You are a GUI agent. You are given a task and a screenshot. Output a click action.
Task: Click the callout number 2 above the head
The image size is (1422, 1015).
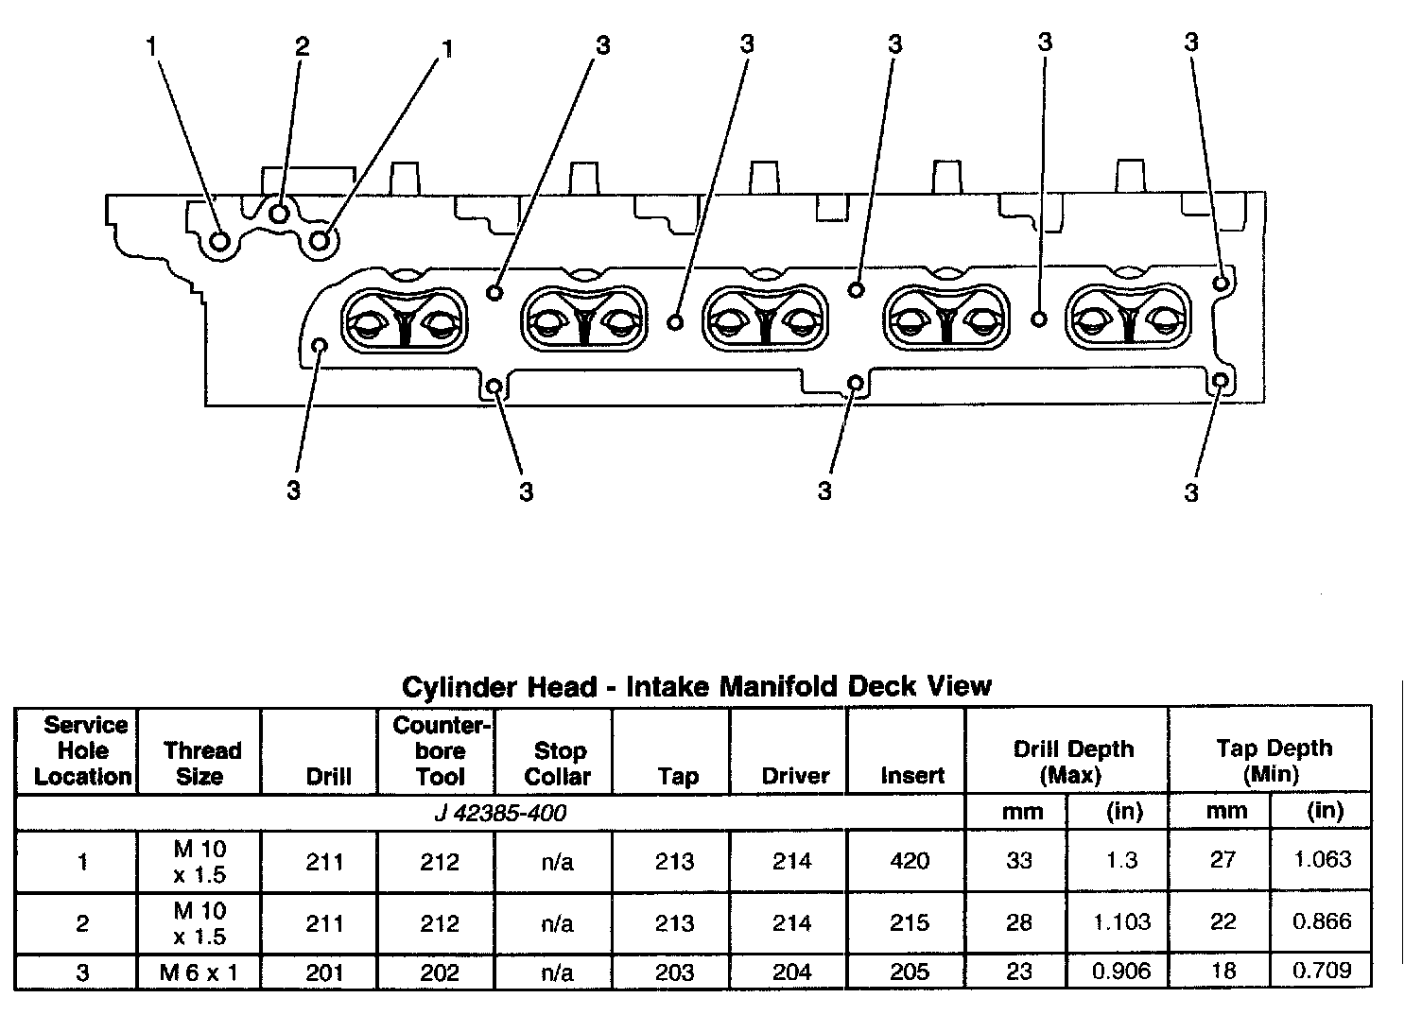[302, 46]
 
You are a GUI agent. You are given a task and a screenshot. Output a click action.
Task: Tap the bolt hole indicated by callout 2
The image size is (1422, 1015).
[279, 214]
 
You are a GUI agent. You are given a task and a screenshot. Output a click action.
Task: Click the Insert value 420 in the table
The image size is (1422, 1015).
[910, 861]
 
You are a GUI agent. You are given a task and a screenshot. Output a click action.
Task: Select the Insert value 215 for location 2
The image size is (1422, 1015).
[910, 922]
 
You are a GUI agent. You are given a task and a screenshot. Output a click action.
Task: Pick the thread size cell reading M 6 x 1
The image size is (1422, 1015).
[199, 972]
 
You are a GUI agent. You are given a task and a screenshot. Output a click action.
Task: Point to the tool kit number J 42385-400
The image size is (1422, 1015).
[500, 813]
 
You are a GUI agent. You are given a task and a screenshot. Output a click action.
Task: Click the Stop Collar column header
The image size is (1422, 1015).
[558, 764]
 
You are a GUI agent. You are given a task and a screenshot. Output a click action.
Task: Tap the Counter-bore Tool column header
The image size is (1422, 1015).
[441, 751]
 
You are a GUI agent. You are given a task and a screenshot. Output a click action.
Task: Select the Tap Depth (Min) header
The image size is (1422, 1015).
[1274, 761]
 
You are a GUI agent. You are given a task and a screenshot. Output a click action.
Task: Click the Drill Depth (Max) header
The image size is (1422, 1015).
[1073, 762]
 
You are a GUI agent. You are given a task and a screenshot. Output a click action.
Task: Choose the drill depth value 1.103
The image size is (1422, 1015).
[1122, 922]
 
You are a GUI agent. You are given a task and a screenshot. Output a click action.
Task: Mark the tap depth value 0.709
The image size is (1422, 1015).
[1323, 970]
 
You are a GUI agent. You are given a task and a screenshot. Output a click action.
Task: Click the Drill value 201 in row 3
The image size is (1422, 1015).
[324, 972]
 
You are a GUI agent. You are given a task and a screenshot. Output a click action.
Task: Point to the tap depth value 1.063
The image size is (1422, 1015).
[1323, 860]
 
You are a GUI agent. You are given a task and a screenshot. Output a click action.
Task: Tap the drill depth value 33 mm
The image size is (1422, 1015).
[1019, 861]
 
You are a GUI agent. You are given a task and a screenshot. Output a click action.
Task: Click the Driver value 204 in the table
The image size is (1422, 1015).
[792, 972]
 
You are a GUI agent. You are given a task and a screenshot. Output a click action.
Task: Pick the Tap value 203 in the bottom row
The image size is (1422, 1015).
[675, 972]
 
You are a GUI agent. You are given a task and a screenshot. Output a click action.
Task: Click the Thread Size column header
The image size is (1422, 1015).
[201, 764]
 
